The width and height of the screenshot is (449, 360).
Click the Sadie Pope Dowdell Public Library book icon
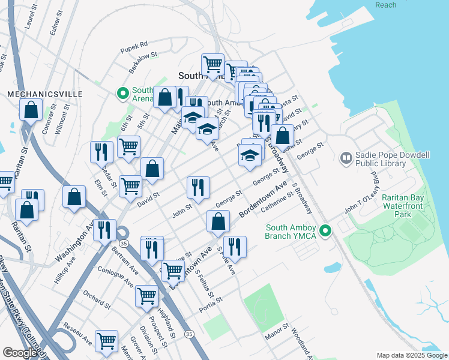(346, 158)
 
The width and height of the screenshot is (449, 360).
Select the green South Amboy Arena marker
(123, 94)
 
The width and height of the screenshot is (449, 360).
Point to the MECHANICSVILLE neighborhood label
(35, 94)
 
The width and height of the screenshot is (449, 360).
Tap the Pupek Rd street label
(133, 44)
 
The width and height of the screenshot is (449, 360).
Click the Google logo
(20, 353)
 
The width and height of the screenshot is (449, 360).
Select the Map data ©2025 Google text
(411, 355)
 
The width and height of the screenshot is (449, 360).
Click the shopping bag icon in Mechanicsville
(31, 110)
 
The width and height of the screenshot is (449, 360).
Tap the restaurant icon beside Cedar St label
(101, 152)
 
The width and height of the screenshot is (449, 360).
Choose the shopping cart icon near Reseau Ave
(107, 340)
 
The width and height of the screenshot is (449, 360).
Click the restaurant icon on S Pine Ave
(235, 247)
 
